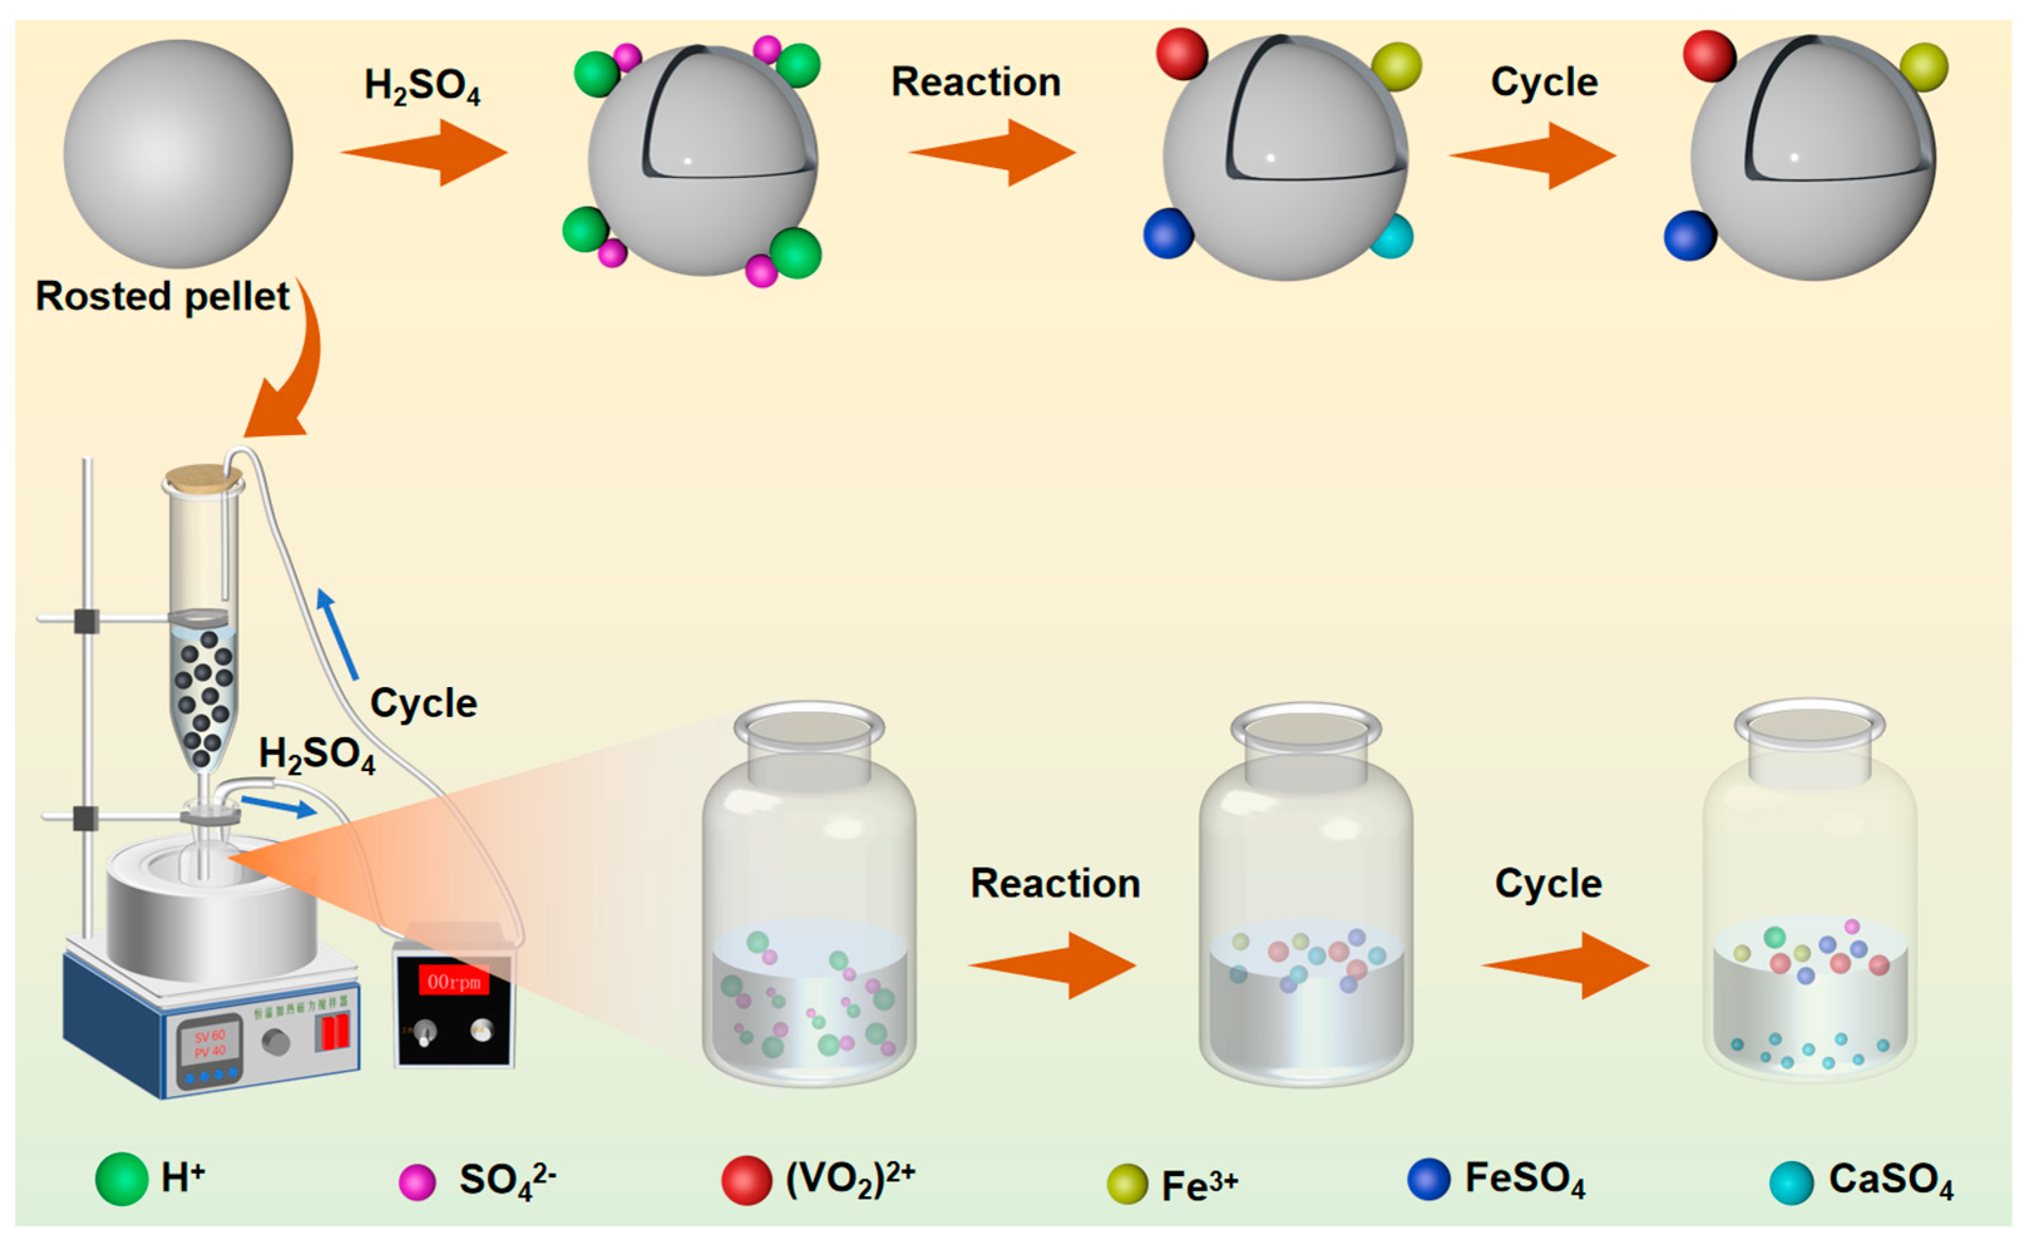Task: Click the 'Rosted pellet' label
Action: tap(162, 297)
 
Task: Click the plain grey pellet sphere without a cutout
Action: tap(178, 154)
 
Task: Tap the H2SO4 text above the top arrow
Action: tap(422, 86)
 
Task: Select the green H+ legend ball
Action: tap(122, 1179)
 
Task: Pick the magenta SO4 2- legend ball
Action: tap(417, 1182)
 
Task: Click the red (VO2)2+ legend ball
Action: tap(746, 1180)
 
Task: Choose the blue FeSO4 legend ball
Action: tap(1428, 1179)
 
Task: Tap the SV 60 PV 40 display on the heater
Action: tap(209, 1043)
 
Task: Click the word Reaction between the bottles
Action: tap(1055, 883)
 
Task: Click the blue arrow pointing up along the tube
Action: tap(338, 634)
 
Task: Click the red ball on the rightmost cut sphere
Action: tap(1709, 56)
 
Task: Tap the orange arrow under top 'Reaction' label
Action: tap(993, 152)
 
